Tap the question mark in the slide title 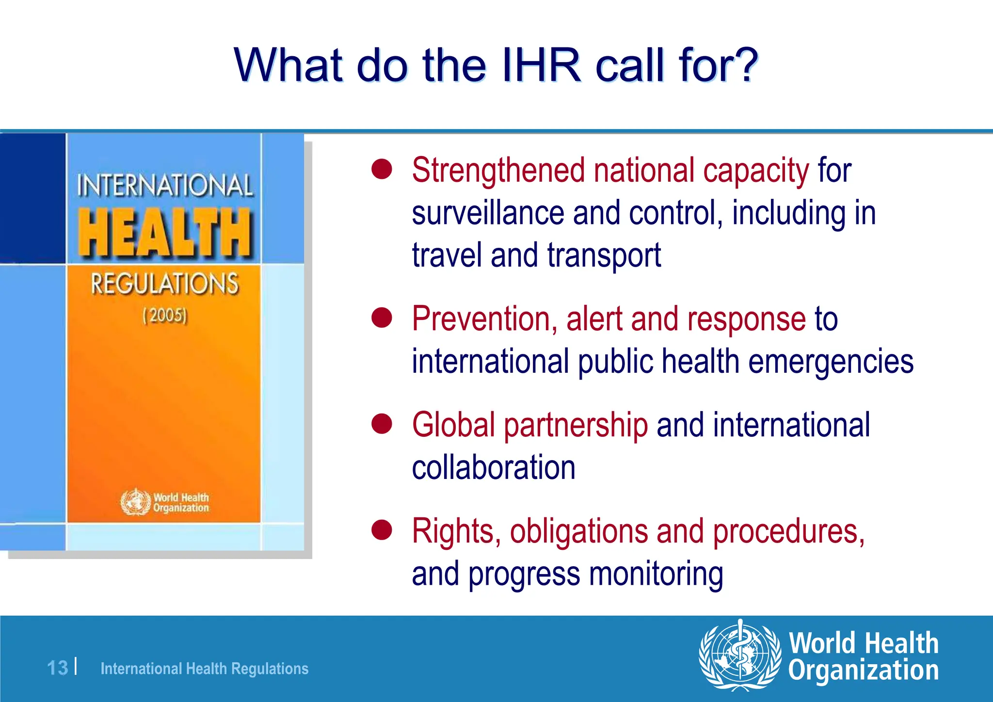tap(744, 65)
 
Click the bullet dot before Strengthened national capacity tap(382, 170)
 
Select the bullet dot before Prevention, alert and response tap(382, 318)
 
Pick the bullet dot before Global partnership tap(382, 424)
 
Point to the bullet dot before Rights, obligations tap(382, 530)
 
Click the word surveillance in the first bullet tap(488, 213)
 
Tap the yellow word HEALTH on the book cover tap(165, 233)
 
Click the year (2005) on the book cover tap(164, 316)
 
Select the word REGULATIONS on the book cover tap(165, 284)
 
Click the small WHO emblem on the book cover tap(135, 502)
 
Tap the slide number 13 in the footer tap(57, 668)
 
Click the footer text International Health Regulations tap(204, 669)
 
